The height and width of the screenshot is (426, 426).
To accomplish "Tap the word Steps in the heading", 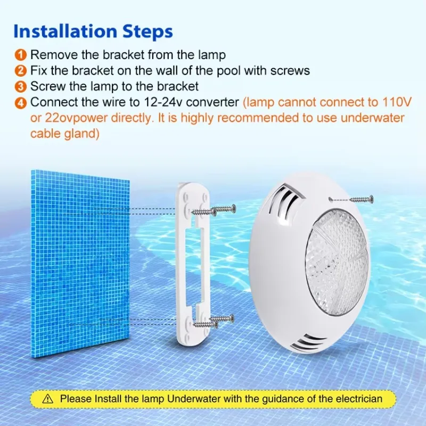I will tap(146, 31).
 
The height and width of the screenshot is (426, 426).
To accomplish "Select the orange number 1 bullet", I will tap(20, 54).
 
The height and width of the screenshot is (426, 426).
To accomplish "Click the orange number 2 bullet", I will tap(20, 70).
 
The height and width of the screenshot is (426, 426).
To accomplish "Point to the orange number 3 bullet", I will tap(20, 86).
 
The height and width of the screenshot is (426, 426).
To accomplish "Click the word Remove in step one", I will tap(51, 54).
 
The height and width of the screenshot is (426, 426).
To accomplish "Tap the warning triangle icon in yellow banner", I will tap(48, 398).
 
